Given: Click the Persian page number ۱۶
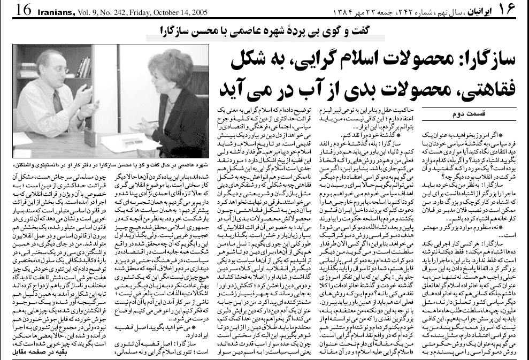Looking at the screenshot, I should coord(515,9).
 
